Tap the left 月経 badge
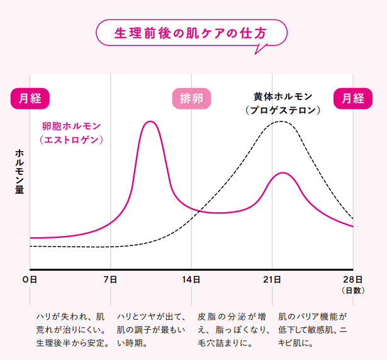click(30, 98)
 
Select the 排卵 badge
click(191, 98)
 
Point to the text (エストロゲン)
click(70, 140)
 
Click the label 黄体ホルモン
click(283, 97)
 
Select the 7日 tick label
click(111, 279)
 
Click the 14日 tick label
click(192, 279)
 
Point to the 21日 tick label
click(272, 279)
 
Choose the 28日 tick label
click(353, 279)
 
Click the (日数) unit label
click(352, 290)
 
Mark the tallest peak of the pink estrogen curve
click(150, 121)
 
